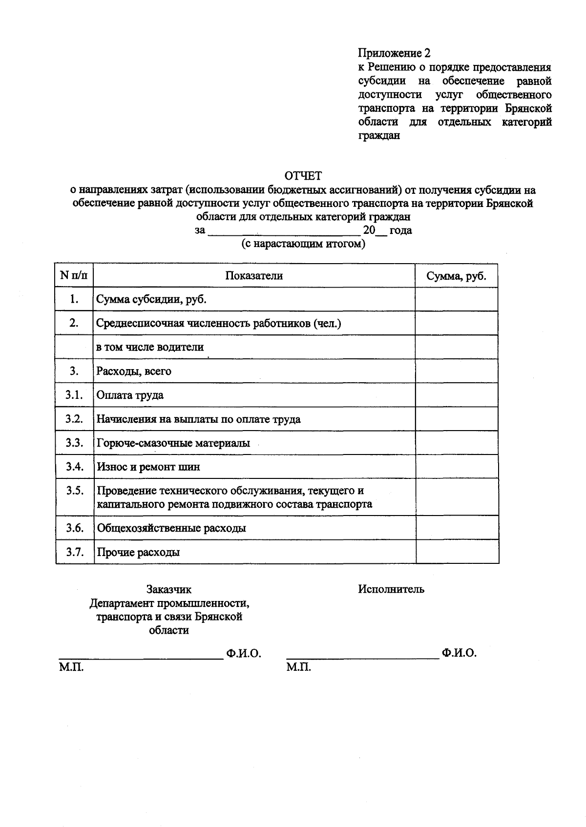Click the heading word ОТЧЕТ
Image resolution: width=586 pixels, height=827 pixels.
303,175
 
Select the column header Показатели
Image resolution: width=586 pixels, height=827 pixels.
254,276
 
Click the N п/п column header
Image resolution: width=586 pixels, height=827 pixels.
74,276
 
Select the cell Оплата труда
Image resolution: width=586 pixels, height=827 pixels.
130,395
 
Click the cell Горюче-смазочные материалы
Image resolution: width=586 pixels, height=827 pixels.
173,443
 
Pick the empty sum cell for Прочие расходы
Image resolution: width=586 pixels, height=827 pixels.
457,552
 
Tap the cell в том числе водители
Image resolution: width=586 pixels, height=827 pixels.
150,348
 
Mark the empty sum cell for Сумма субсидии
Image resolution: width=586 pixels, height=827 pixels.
456,299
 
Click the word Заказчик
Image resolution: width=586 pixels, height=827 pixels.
169,590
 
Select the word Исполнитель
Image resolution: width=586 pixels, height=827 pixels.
391,589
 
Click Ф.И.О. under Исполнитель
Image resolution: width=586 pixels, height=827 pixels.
459,653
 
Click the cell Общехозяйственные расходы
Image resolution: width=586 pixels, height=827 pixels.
171,528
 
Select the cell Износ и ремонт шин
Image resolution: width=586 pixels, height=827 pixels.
148,467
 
